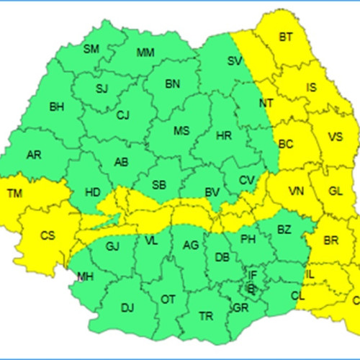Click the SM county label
[x=91, y=50]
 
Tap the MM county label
[x=145, y=53]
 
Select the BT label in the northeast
[x=286, y=36]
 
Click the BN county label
[x=173, y=84]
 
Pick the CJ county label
[x=123, y=114]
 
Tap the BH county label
[x=56, y=107]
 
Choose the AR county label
[x=34, y=155]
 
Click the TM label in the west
[x=14, y=193]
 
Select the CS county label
[x=48, y=235]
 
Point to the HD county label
[x=93, y=192]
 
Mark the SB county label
[x=160, y=184]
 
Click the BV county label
[x=212, y=192]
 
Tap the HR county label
[x=223, y=135]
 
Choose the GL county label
[x=336, y=191]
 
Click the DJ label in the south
[x=127, y=308]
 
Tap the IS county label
[x=311, y=88]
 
